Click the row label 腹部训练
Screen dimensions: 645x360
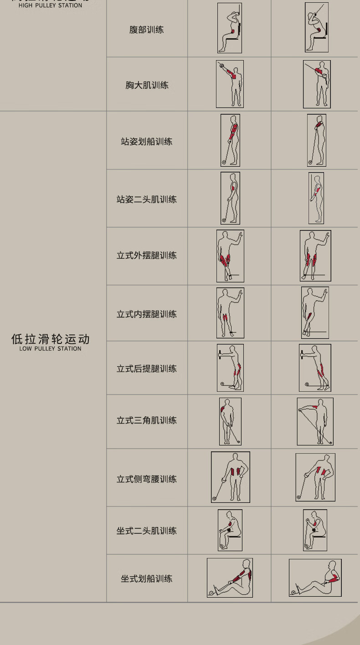[x=146, y=30]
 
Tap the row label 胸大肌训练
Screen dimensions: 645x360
[x=147, y=85]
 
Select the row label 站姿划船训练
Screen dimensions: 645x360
[x=147, y=142]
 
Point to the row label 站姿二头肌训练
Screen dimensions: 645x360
[x=147, y=199]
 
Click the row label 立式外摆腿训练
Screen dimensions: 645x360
[x=147, y=256]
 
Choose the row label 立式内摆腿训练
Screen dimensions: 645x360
[x=147, y=314]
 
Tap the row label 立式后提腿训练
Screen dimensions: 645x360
[x=147, y=369]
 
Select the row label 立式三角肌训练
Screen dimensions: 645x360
[x=147, y=420]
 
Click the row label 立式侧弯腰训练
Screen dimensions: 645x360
[x=147, y=479]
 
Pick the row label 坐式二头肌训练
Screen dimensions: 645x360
[x=147, y=531]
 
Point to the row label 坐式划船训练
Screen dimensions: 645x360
[x=147, y=579]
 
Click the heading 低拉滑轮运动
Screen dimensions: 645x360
[x=51, y=339]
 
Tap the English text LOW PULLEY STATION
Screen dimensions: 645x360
[x=51, y=349]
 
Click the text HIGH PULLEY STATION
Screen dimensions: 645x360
[x=51, y=5]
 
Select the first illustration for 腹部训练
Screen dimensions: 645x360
[x=229, y=28]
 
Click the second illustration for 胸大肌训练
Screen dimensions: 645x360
[x=317, y=84]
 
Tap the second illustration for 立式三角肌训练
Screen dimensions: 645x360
[x=315, y=421]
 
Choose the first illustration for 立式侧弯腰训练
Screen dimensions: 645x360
[x=230, y=477]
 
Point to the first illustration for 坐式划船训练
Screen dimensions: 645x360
[x=230, y=578]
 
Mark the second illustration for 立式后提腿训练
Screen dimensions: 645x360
[x=315, y=368]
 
